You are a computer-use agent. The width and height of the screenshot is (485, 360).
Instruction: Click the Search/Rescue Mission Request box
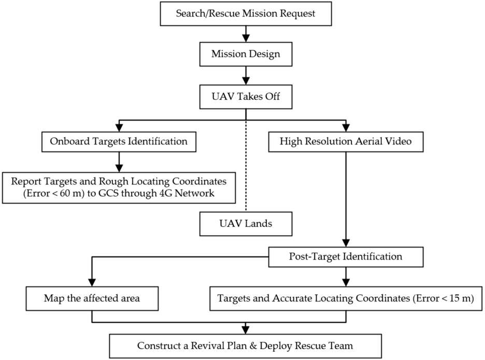pyautogui.click(x=246, y=13)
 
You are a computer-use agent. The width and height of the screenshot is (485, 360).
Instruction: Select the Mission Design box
pyautogui.click(x=246, y=54)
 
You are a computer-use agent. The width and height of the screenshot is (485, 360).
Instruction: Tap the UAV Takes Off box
pyautogui.click(x=246, y=97)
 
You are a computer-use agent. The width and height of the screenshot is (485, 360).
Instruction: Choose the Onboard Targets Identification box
pyautogui.click(x=119, y=141)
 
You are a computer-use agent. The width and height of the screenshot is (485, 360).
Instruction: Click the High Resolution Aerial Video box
pyautogui.click(x=346, y=141)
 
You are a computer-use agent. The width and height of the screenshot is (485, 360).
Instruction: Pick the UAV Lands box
pyautogui.click(x=246, y=224)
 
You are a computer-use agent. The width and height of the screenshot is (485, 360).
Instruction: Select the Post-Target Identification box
pyautogui.click(x=346, y=257)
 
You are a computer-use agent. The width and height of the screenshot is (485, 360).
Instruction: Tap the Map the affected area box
pyautogui.click(x=92, y=298)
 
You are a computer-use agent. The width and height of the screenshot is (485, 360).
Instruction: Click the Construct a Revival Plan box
pyautogui.click(x=246, y=346)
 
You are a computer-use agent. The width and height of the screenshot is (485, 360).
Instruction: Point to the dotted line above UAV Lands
pyautogui.click(x=246, y=166)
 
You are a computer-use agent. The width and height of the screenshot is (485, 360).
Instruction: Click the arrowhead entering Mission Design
pyautogui.click(x=246, y=38)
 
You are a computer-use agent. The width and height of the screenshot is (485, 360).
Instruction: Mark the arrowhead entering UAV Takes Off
pyautogui.click(x=246, y=81)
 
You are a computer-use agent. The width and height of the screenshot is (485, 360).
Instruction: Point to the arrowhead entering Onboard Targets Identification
pyautogui.click(x=119, y=128)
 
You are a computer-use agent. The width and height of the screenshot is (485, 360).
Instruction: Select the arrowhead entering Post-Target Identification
pyautogui.click(x=346, y=243)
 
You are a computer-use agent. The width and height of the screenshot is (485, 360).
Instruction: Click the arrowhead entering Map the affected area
pyautogui.click(x=92, y=282)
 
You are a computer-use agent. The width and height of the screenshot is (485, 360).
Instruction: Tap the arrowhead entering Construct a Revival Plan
pyautogui.click(x=246, y=329)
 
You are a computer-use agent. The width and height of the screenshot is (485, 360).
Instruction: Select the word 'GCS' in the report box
pyautogui.click(x=108, y=193)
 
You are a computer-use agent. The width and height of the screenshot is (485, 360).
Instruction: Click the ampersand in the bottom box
pyautogui.click(x=253, y=346)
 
